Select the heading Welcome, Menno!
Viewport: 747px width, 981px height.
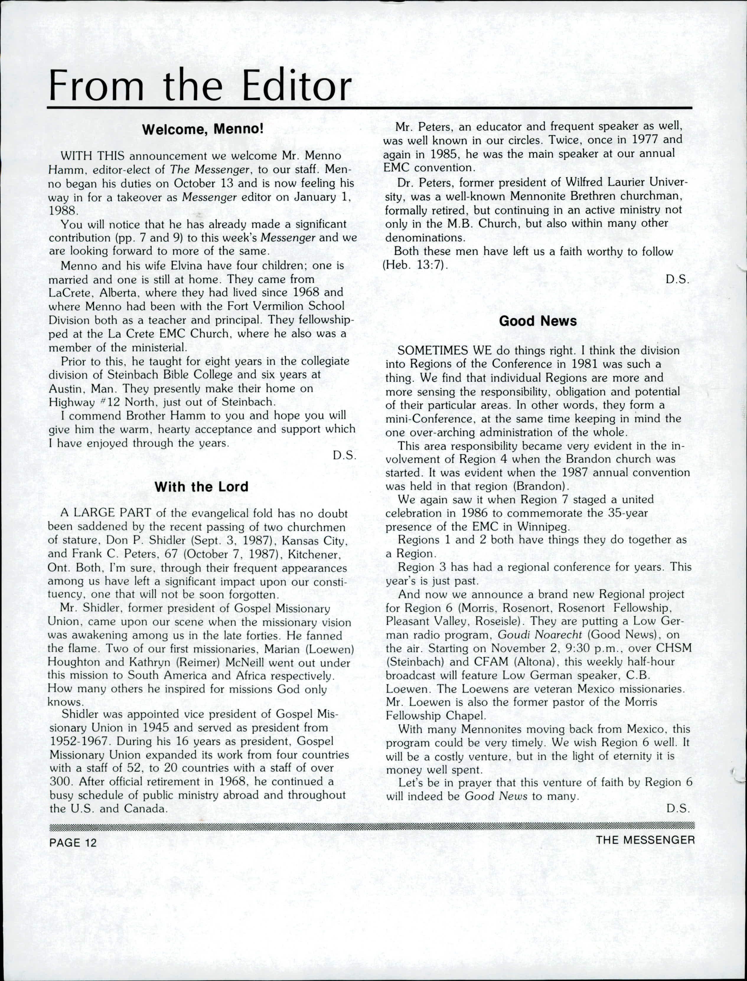[x=203, y=130]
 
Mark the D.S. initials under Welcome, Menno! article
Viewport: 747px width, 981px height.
[x=345, y=456]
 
